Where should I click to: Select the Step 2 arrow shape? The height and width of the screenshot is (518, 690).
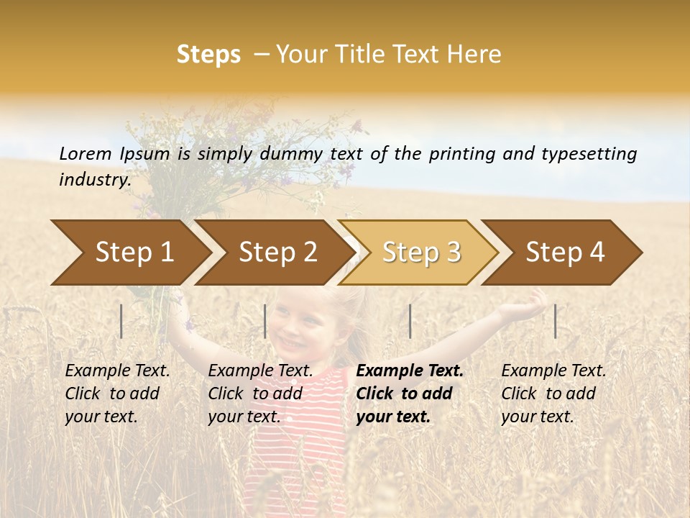coord(277,253)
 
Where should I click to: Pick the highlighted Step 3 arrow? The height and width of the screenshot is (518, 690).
coord(421,253)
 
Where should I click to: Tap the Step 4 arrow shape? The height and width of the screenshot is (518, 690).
coord(565,253)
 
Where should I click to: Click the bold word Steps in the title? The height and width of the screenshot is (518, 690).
coord(208,55)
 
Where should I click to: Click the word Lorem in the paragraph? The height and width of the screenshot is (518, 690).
coord(85,154)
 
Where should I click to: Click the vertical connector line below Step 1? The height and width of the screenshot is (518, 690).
coord(121,321)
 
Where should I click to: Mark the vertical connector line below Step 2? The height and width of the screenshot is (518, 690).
coord(265,321)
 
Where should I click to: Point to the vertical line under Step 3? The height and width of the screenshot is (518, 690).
coord(410,321)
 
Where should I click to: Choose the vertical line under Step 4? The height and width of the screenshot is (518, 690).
coord(556,321)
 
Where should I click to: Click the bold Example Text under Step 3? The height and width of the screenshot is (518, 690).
coord(410,371)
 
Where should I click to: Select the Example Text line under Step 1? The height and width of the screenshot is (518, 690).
coord(117,371)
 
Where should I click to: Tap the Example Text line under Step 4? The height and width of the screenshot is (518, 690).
coord(553,371)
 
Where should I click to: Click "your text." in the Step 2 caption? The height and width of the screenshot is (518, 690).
coord(244,417)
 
